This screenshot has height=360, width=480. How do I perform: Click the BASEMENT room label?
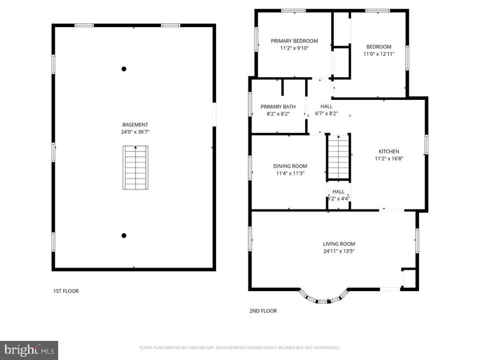pos(135,125)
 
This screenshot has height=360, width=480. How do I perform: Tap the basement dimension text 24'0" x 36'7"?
pos(135,132)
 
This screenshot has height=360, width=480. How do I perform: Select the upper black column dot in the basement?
pos(124,69)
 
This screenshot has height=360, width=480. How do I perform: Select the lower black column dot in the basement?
pos(124,236)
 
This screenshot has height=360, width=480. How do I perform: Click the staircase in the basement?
pos(135,168)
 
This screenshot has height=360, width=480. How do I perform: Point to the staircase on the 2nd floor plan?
pos(339,157)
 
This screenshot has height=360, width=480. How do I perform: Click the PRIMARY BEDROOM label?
pos(294,41)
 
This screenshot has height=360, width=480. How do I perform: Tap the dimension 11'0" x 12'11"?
pos(379,54)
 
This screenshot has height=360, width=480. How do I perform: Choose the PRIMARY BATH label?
pos(278,107)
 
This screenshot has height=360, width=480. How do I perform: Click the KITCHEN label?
pos(389,151)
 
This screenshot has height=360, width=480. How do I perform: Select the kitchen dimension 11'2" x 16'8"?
pos(389,158)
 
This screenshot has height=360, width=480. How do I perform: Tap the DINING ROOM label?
pos(290,166)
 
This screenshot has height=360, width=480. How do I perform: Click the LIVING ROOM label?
pos(339,244)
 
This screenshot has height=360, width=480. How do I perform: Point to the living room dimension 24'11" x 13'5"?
pos(339,251)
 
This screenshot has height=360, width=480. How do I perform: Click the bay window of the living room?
pos(324,298)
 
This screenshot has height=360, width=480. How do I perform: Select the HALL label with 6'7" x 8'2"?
pos(326,106)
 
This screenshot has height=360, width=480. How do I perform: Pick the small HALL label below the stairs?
pos(338,192)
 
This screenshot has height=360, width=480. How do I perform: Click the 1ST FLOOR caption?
pos(65,291)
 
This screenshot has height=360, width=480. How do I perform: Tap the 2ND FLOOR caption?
pos(263,311)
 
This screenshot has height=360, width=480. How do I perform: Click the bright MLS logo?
pos(29,350)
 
